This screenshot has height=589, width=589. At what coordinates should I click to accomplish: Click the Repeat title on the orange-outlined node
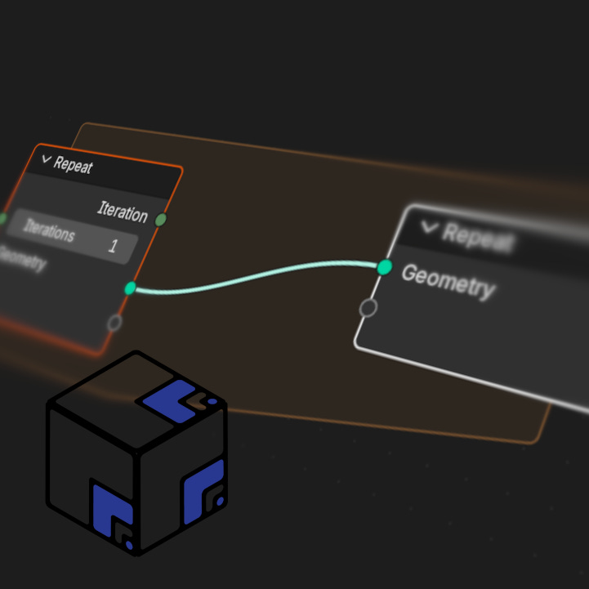tap(74, 165)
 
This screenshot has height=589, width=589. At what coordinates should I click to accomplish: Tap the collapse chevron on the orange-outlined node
tap(46, 160)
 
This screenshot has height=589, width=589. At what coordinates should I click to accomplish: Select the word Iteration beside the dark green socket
tap(123, 212)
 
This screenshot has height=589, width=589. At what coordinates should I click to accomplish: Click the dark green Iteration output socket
tap(161, 219)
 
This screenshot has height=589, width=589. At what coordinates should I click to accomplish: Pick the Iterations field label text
tap(49, 231)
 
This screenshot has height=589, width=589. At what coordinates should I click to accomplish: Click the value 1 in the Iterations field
tap(114, 245)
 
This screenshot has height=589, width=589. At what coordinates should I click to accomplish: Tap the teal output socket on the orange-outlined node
tap(130, 288)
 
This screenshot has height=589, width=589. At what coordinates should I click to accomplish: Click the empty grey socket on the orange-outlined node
tap(114, 323)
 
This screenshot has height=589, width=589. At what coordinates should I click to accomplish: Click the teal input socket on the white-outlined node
tap(385, 267)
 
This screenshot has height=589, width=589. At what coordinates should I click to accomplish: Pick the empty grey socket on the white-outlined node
tap(368, 308)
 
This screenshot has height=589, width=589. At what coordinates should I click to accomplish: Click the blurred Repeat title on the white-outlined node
tap(478, 238)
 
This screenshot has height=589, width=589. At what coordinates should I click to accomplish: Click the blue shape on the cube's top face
tap(170, 401)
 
